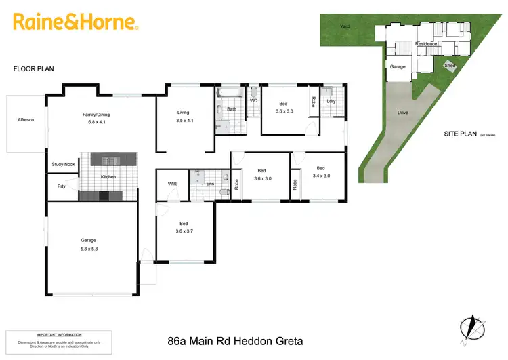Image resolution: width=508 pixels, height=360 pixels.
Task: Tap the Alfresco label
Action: (26, 120)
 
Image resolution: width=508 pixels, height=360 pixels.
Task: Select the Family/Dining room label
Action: (96, 115)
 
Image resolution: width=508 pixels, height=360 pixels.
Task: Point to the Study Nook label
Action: (63, 165)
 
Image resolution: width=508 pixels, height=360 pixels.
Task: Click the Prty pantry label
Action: (61, 186)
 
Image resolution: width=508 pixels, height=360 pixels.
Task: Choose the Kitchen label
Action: (108, 177)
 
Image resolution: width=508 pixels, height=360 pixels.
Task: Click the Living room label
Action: (183, 112)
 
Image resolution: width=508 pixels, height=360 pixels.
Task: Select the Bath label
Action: (232, 109)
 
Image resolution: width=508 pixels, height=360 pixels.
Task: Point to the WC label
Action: (253, 100)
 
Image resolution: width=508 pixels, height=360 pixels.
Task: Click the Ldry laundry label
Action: (331, 102)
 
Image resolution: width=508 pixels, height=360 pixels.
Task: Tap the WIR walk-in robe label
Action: (172, 184)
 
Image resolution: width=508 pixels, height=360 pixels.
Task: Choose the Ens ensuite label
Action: (211, 184)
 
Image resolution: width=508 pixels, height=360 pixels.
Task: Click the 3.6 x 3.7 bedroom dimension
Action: (183, 231)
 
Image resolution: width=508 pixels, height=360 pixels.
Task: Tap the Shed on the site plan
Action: (450, 66)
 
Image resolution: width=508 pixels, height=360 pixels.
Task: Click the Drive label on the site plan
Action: (403, 113)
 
